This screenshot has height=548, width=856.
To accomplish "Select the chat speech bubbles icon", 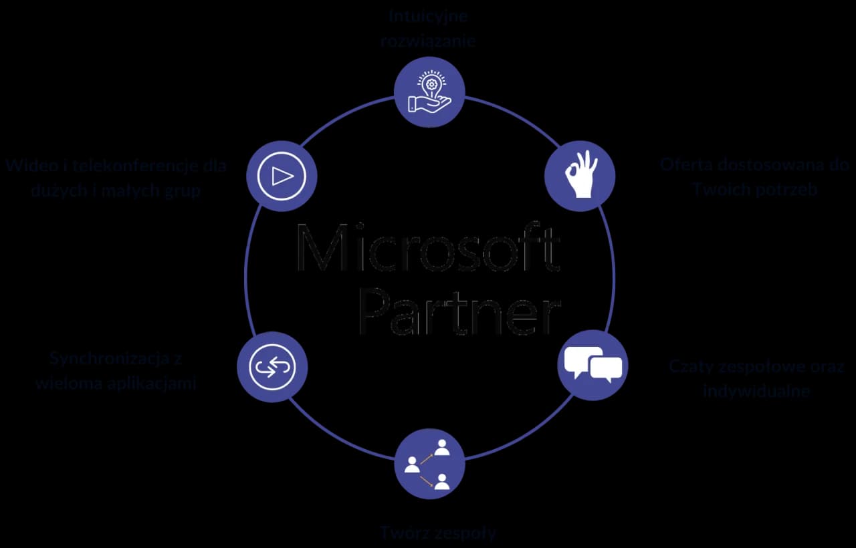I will [593, 365].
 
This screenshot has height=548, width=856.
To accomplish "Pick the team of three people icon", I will [429, 463].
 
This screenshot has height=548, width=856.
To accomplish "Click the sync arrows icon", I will [272, 367].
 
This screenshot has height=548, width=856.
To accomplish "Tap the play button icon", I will [282, 176].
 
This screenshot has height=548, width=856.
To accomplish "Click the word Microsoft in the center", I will [427, 249].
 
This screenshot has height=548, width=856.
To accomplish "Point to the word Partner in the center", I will [459, 311].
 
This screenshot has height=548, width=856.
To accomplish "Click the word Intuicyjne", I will [428, 15].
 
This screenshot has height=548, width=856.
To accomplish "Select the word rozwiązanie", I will [428, 40].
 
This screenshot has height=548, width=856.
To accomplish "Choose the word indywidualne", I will [756, 391].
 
